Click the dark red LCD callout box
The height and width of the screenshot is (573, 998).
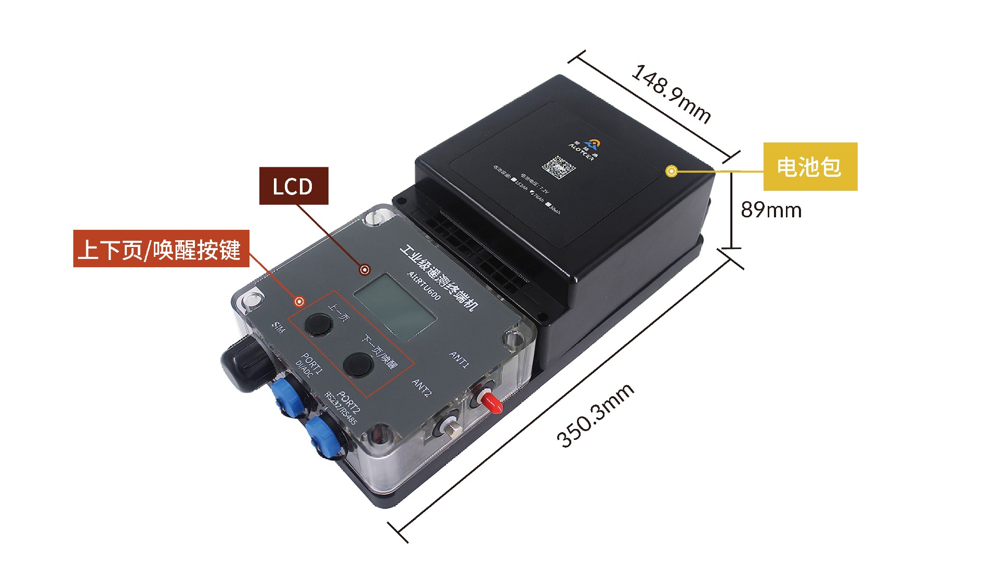[293, 186]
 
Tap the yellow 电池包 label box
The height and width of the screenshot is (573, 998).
[809, 166]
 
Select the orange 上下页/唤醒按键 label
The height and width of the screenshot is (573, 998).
[161, 249]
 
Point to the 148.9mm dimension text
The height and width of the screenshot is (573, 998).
[671, 94]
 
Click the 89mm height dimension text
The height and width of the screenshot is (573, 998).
[771, 210]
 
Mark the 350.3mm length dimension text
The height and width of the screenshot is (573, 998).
[595, 415]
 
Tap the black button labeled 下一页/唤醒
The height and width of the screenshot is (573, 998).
[358, 364]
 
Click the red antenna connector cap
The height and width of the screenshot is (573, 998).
[491, 401]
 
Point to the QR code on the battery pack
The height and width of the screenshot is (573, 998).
[559, 166]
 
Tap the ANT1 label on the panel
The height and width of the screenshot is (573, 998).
[459, 359]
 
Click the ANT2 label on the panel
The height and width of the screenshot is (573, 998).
[422, 387]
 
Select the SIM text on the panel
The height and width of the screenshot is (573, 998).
[279, 328]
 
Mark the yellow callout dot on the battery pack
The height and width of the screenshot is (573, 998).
[672, 171]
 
